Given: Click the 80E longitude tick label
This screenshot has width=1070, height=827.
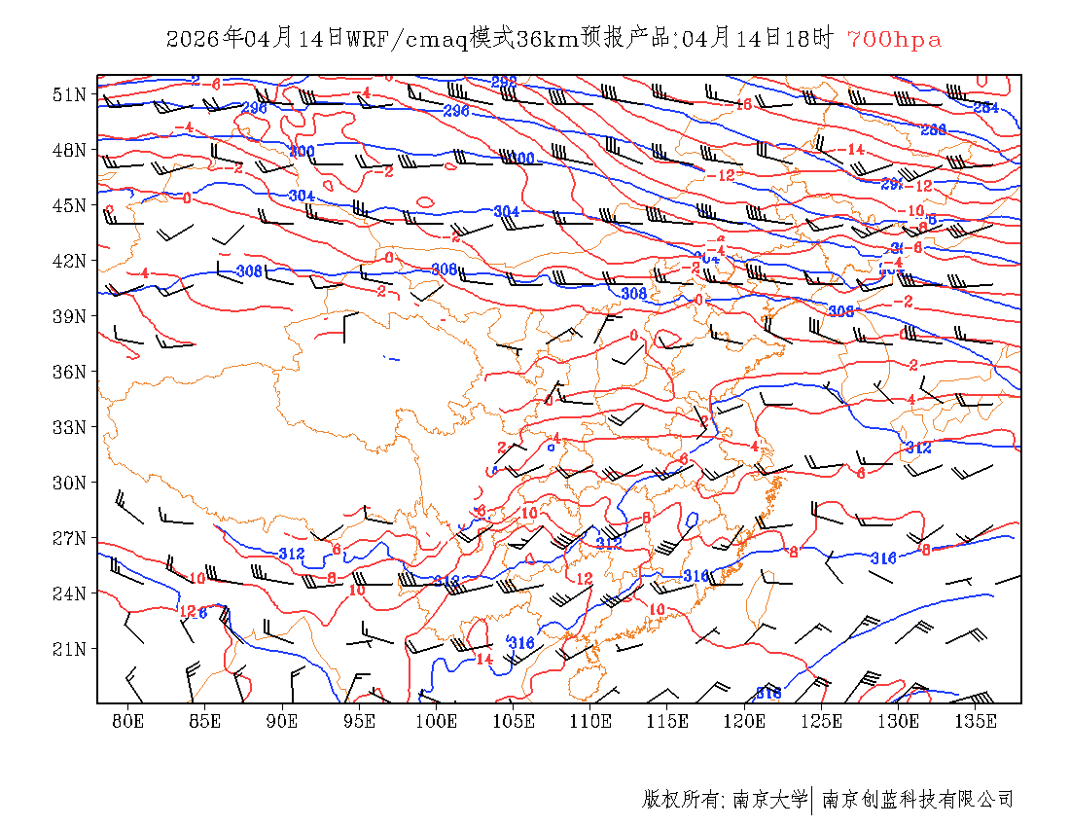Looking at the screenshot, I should click(x=128, y=721).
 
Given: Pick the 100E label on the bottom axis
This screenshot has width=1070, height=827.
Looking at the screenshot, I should click(x=437, y=721).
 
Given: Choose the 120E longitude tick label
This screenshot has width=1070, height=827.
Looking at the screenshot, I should click(x=745, y=721).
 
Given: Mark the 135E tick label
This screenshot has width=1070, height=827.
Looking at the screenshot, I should click(x=976, y=721).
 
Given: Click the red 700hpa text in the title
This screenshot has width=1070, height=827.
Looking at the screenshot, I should click(x=894, y=40).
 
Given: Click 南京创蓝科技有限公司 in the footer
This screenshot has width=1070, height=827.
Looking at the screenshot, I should click(x=917, y=800).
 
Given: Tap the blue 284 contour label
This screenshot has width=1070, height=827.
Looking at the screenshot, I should click(x=985, y=107).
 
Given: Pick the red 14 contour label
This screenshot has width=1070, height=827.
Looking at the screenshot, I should click(x=484, y=659).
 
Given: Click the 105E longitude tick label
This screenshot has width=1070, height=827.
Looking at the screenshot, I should click(x=514, y=721).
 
